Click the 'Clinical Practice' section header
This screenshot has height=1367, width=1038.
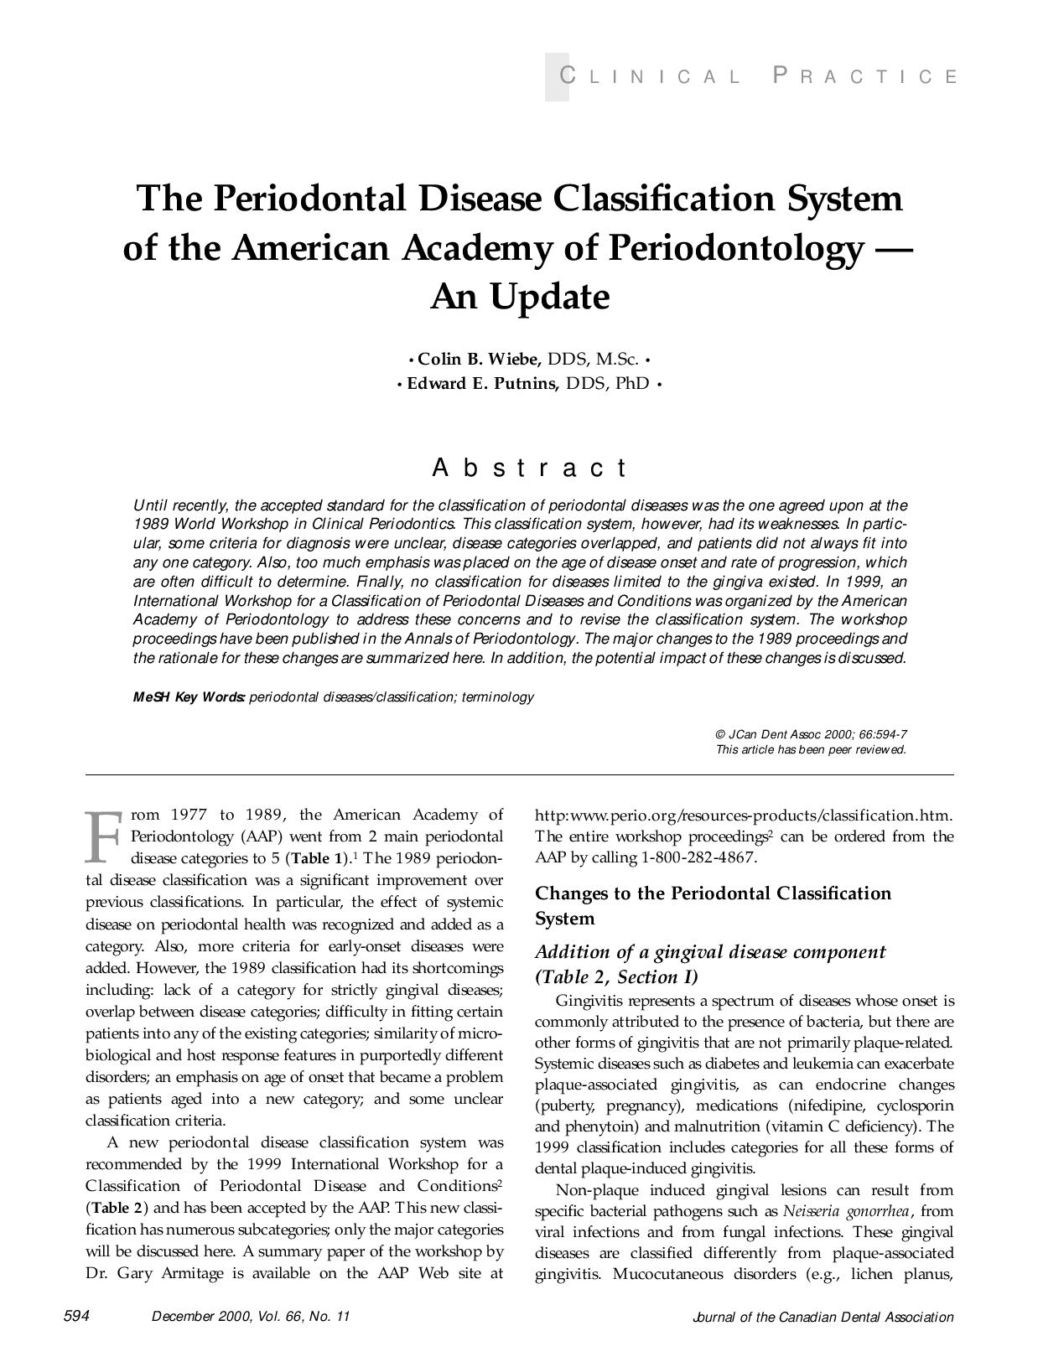coord(758,77)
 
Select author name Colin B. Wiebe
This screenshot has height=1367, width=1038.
coord(478,360)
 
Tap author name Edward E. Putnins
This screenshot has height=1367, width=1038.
coord(483,384)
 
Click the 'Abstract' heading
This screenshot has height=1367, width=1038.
coord(529,468)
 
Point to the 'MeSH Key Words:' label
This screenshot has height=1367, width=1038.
coord(189,697)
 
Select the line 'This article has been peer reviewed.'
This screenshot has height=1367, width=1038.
coord(811,749)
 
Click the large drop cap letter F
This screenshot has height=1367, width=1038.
coord(105,836)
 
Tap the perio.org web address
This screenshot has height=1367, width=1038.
coord(743,816)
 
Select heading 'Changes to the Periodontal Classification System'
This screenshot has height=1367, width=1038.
coord(713,905)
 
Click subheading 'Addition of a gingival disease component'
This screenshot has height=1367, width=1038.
coord(710,952)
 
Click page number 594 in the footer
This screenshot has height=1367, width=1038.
coord(76,1316)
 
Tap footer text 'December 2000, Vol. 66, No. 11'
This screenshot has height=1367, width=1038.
coord(250,1317)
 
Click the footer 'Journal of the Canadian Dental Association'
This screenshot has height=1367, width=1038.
coord(823,1317)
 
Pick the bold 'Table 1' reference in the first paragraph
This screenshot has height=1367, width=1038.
coord(315,858)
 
